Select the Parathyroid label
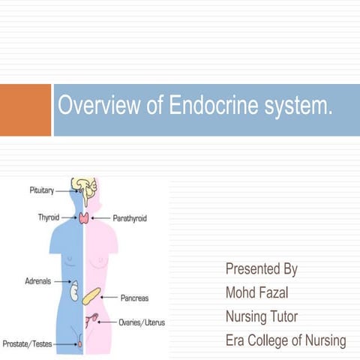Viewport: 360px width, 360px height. pos(130,218)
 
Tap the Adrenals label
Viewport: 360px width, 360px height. pos(38,280)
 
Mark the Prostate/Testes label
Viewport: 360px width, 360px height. pos(27,344)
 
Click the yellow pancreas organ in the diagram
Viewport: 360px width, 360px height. pos(92,295)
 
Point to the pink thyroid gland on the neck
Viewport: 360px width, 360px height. pos(84,219)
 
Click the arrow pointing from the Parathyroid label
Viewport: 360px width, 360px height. pos(101,218)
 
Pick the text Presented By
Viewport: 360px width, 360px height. pos(262,268)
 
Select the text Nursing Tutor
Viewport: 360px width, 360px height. pos(266,316)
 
